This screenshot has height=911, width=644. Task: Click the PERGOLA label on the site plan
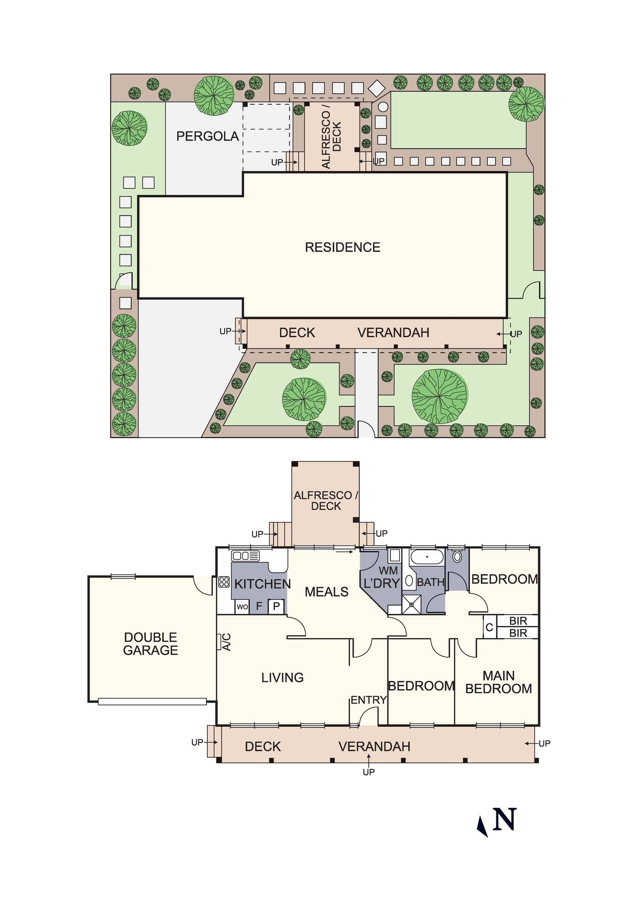pos(207,136)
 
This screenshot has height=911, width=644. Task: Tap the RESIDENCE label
pos(343,247)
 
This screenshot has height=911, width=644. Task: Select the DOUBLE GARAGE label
pos(150,644)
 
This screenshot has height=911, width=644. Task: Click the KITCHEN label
pos(262,584)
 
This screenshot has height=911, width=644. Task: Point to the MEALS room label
pos(326,592)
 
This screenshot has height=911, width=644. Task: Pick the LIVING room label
pos(283,678)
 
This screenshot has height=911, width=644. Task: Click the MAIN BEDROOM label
pos(499,682)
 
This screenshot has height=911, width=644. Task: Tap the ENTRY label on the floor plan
pos(368,700)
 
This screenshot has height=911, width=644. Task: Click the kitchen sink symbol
pos(246,556)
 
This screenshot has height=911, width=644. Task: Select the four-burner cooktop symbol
pos(224,582)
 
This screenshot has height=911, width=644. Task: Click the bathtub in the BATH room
pos(427,557)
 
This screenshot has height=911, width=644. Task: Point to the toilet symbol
pos(457,556)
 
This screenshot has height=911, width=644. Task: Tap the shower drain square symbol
pos(412,604)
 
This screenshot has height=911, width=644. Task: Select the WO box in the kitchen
pos(242,607)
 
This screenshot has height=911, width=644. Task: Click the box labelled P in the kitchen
pos(276,607)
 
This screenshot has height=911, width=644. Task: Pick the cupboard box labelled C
pos(489,627)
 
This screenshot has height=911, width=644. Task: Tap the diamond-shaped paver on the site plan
pos(376,88)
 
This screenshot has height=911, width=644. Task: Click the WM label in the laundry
pos(388,570)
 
